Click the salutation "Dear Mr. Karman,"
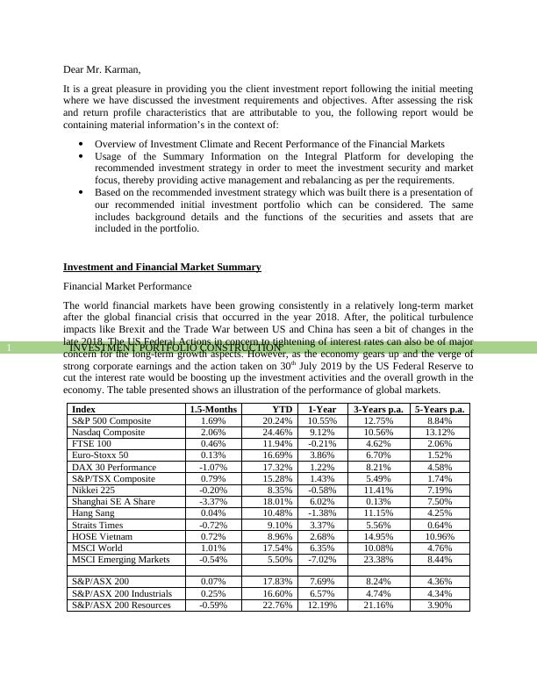click(102, 69)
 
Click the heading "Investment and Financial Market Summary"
click(161, 267)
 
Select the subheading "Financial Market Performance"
click(127, 286)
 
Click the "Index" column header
click(84, 409)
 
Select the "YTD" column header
click(282, 409)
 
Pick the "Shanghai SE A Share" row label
click(113, 501)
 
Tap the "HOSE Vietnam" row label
click(102, 535)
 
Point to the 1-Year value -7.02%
click(322, 558)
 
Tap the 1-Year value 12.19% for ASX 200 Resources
click(322, 605)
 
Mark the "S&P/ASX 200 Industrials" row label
click(121, 593)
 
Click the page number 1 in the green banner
click(8, 348)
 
